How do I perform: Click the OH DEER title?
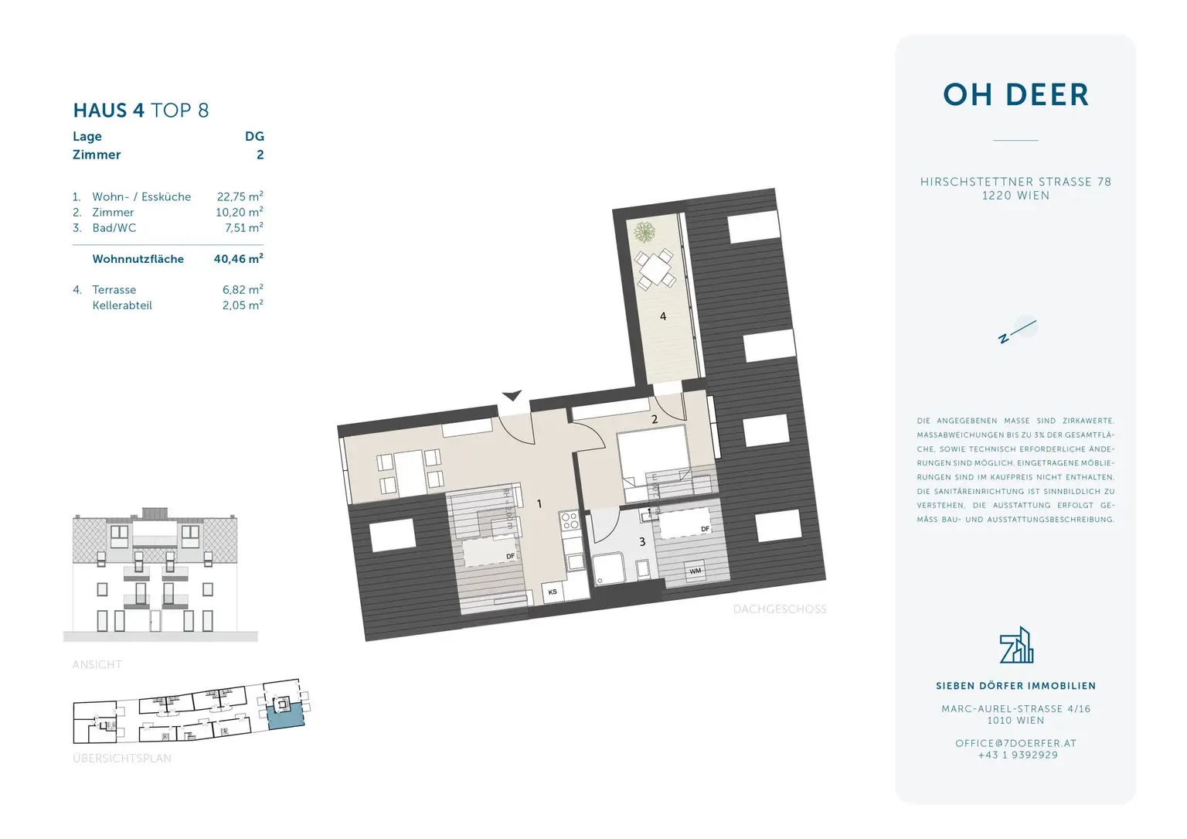tap(1015, 95)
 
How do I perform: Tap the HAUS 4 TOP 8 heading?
tap(141, 111)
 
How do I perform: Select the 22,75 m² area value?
tap(240, 196)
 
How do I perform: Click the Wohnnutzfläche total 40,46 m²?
tap(238, 259)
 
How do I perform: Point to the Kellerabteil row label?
tap(122, 305)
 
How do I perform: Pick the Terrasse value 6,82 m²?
tap(243, 290)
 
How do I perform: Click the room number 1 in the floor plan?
tap(539, 504)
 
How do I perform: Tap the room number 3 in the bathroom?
tap(642, 542)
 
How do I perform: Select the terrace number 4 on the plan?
tap(663, 316)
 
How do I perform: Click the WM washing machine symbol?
tap(696, 571)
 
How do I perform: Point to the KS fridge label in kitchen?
tap(553, 592)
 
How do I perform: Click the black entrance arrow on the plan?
tap(512, 396)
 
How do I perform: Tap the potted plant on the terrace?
tap(645, 232)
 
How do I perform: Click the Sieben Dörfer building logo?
tap(1016, 646)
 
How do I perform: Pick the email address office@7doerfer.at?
tap(1015, 743)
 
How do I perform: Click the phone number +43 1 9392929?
tap(1018, 755)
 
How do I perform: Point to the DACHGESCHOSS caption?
tap(780, 609)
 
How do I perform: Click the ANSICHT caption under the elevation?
tap(97, 664)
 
